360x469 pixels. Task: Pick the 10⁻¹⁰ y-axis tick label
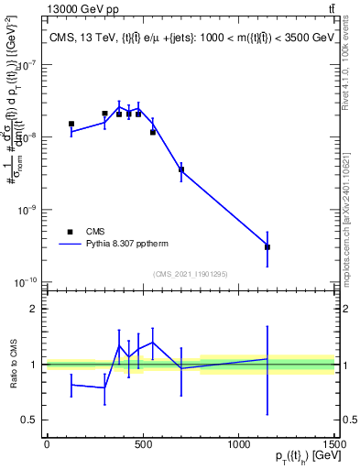[x=26, y=281]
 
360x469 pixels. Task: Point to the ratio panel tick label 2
[x=34, y=309]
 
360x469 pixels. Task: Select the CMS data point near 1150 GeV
[x=267, y=246]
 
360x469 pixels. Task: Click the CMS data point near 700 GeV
[x=181, y=169]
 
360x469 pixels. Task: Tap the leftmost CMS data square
[x=71, y=124]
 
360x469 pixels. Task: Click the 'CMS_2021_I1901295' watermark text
[x=190, y=274]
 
